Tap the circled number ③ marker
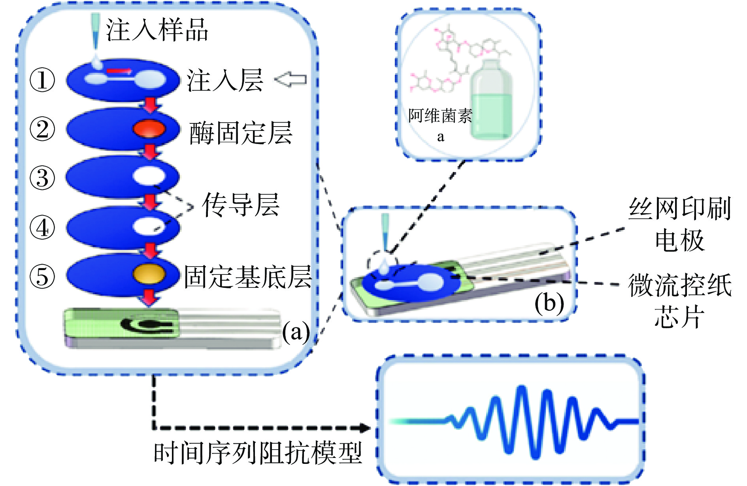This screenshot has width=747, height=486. click(x=42, y=178)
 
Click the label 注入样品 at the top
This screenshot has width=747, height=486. click(x=157, y=30)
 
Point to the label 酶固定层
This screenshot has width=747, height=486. click(x=241, y=133)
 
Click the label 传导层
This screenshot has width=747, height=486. click(x=241, y=205)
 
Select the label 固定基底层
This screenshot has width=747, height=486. click(x=248, y=276)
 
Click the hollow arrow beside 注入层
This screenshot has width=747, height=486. click(x=290, y=79)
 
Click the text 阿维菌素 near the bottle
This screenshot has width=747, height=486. click(x=440, y=116)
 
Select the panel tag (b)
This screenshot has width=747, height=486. click(x=549, y=303)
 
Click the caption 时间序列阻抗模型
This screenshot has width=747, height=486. click(x=258, y=453)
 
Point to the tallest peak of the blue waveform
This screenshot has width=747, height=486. click(x=523, y=390)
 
